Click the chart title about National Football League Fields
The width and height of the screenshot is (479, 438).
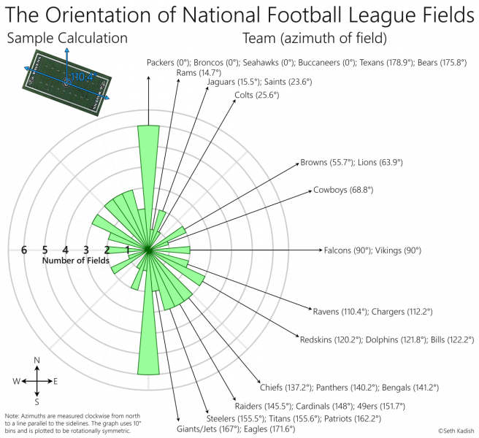pyautogui.click(x=239, y=15)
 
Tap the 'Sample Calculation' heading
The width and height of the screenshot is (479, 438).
pyautogui.click(x=66, y=39)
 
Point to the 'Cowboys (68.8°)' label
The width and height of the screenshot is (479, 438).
pyautogui.click(x=343, y=190)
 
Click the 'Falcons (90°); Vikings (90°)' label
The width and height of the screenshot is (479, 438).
pyautogui.click(x=372, y=250)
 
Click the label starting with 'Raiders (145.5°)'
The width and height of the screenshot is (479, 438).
pyautogui.click(x=320, y=406)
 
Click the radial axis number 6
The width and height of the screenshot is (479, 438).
pyautogui.click(x=24, y=250)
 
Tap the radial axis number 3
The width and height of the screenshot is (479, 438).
pyautogui.click(x=86, y=250)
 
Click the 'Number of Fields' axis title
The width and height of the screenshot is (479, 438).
pyautogui.click(x=74, y=261)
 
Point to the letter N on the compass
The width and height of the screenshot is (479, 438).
pyautogui.click(x=37, y=360)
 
